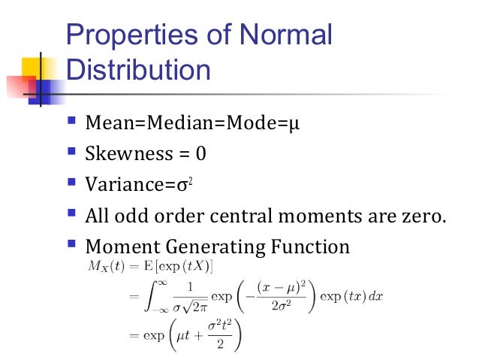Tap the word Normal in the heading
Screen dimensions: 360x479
point(285,36)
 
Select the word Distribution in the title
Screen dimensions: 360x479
point(138,71)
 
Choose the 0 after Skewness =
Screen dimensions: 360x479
point(200,153)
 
